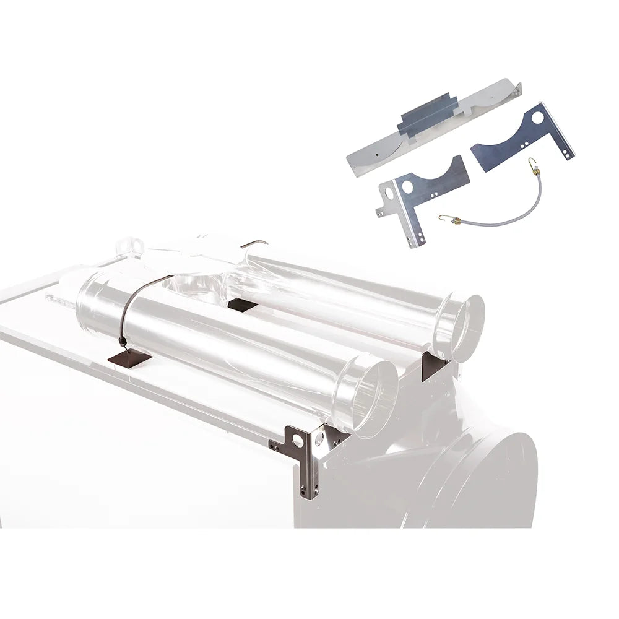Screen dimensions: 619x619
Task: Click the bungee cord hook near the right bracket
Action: [x=530, y=163]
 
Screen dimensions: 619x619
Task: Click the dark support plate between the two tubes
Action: [x=241, y=305]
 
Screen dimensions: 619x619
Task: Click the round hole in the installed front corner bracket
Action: [x=300, y=441]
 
